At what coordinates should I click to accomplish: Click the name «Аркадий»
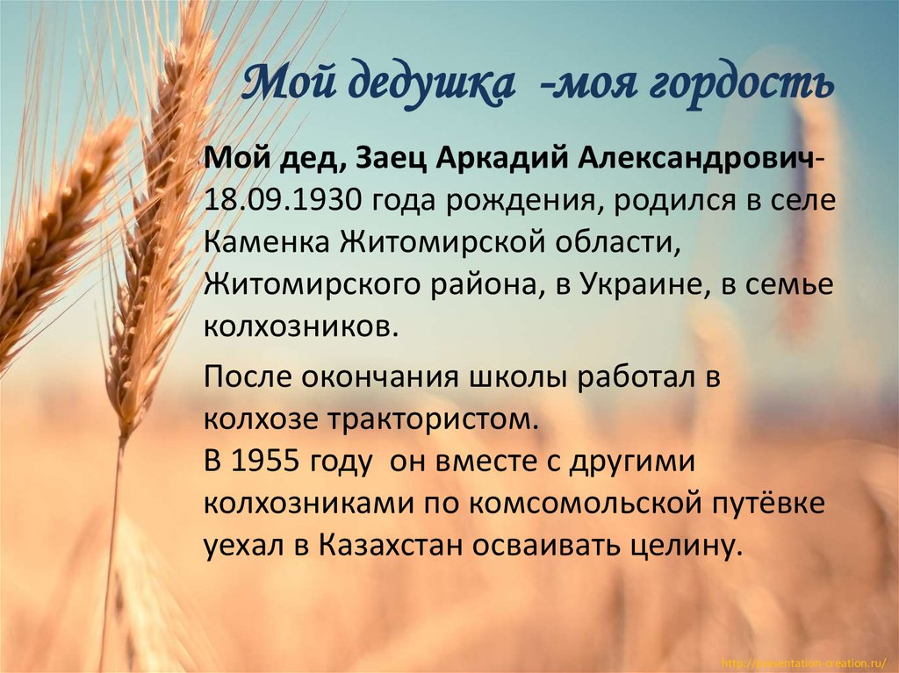pos(494,161)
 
